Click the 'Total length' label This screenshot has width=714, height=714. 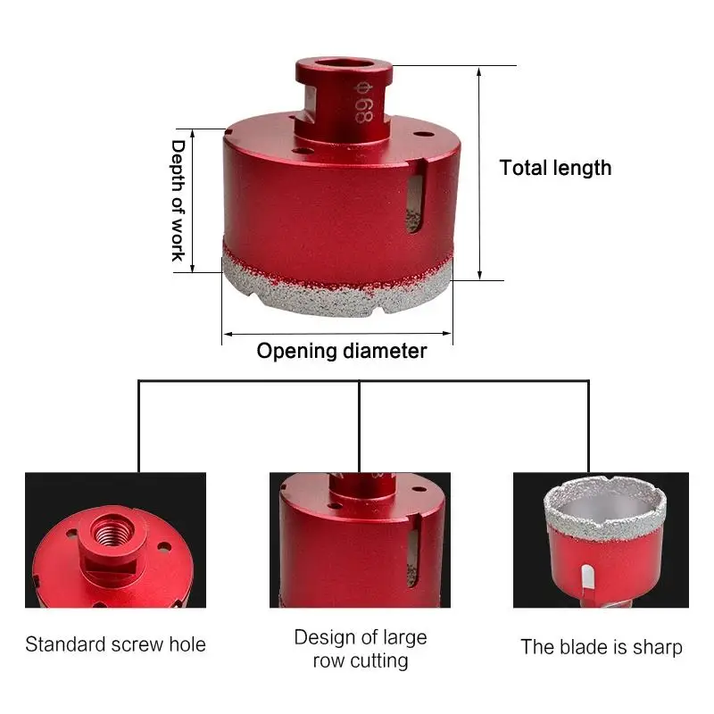point(555,168)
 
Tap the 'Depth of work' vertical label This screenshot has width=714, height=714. point(178,200)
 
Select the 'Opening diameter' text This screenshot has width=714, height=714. point(342,351)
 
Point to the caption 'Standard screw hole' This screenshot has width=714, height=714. point(115,644)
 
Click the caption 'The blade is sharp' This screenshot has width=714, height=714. point(602,647)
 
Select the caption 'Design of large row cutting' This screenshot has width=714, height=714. point(361,649)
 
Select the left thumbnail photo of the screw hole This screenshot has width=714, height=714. point(115,540)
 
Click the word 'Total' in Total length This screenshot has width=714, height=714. point(523,168)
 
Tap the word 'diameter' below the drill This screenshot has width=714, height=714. point(385,351)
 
